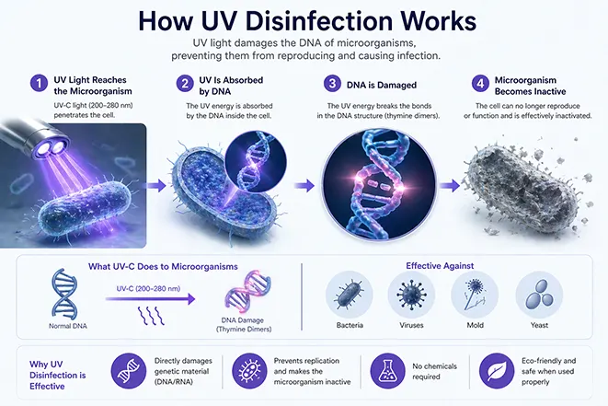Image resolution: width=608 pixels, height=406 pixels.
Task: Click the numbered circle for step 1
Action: (x=39, y=84)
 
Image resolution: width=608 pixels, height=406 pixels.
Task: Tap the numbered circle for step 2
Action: (x=185, y=84)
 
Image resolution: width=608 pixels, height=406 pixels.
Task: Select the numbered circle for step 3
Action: (x=332, y=84)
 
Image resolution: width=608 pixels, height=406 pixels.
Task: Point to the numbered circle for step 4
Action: (x=480, y=84)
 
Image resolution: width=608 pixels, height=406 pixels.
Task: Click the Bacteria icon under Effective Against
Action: (x=350, y=295)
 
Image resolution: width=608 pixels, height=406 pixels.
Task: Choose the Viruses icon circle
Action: (x=411, y=295)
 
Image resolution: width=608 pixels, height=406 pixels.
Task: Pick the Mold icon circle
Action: (x=475, y=295)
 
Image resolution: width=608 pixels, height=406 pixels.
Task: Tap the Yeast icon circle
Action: (x=539, y=295)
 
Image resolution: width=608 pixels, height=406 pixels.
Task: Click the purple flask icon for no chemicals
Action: (x=388, y=371)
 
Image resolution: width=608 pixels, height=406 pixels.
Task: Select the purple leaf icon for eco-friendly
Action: (x=497, y=371)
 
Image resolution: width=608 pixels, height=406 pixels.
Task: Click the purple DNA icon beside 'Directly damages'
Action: (x=129, y=371)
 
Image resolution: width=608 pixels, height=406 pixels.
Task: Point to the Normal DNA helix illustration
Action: (x=64, y=292)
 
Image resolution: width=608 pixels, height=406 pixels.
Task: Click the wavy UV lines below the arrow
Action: (x=151, y=316)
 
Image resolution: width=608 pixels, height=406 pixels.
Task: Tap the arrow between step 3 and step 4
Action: (x=450, y=186)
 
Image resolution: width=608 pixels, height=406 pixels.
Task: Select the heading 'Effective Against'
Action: (x=440, y=266)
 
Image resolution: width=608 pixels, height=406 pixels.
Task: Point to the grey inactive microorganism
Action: (x=524, y=186)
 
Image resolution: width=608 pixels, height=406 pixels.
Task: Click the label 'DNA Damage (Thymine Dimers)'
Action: (x=243, y=324)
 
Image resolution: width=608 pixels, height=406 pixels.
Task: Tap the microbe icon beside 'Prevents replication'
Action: (x=249, y=371)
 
